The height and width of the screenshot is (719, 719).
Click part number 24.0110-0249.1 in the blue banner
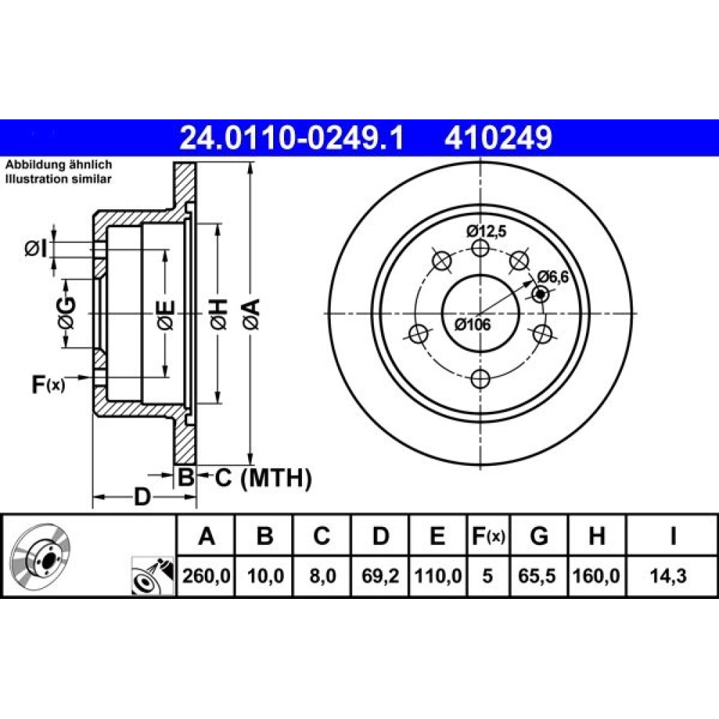pyautogui.click(x=292, y=137)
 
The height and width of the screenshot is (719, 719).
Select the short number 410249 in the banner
pyautogui.click(x=498, y=137)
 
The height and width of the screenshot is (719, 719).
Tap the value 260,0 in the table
pyautogui.click(x=206, y=575)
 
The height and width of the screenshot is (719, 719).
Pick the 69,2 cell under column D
pyautogui.click(x=380, y=575)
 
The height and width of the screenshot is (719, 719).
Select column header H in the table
pyautogui.click(x=596, y=536)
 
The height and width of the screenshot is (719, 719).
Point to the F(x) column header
pyautogui.click(x=488, y=536)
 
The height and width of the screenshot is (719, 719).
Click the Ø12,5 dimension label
pyautogui.click(x=487, y=232)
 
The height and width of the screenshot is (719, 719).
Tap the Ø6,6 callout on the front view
pyautogui.click(x=553, y=277)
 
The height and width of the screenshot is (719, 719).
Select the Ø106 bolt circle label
pyautogui.click(x=473, y=325)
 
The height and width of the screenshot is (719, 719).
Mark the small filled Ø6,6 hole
pyautogui.click(x=541, y=294)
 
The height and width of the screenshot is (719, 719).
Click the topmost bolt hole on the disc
pyautogui.click(x=480, y=249)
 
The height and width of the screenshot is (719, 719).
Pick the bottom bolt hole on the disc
pyautogui.click(x=480, y=379)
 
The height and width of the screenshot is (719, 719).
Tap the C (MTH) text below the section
pyautogui.click(x=263, y=478)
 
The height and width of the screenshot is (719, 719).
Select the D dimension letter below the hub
pyautogui.click(x=142, y=497)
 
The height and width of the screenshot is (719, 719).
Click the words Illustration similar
pyautogui.click(x=58, y=179)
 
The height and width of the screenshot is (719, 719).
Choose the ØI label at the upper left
pyautogui.click(x=35, y=249)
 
